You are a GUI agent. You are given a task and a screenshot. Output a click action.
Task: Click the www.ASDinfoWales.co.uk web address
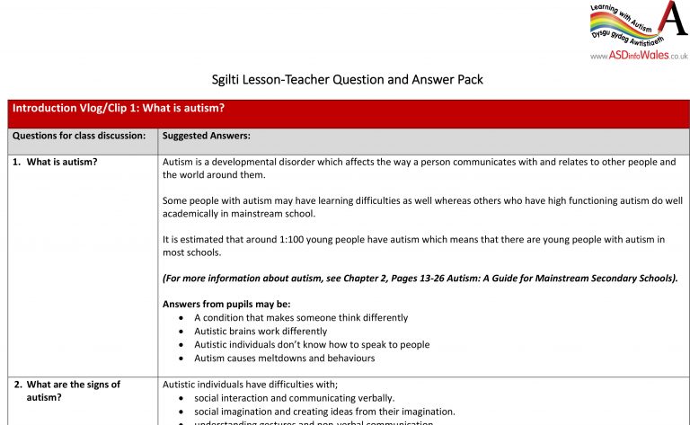tap(639, 56)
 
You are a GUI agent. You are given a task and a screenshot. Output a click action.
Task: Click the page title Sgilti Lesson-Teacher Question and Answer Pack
tap(345, 79)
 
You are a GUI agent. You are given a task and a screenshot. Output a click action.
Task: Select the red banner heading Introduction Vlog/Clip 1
tap(119, 108)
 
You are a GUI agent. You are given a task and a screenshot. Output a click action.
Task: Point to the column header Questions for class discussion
tap(79, 137)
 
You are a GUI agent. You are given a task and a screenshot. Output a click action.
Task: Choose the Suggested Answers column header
tap(207, 137)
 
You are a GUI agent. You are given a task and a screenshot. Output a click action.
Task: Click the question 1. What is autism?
tap(62, 163)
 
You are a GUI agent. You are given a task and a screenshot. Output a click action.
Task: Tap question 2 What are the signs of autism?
tap(67, 391)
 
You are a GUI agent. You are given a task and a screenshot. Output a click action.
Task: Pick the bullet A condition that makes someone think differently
tap(301, 317)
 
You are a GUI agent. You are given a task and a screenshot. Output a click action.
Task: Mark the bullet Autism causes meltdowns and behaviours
tap(284, 358)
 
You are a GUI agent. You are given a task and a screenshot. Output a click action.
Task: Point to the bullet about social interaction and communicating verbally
tap(294, 398)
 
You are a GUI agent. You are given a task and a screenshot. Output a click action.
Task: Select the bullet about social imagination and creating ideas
tap(324, 412)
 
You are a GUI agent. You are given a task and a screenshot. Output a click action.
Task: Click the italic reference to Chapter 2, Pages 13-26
tap(420, 279)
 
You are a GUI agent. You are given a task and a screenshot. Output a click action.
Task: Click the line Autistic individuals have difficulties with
tap(250, 385)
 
